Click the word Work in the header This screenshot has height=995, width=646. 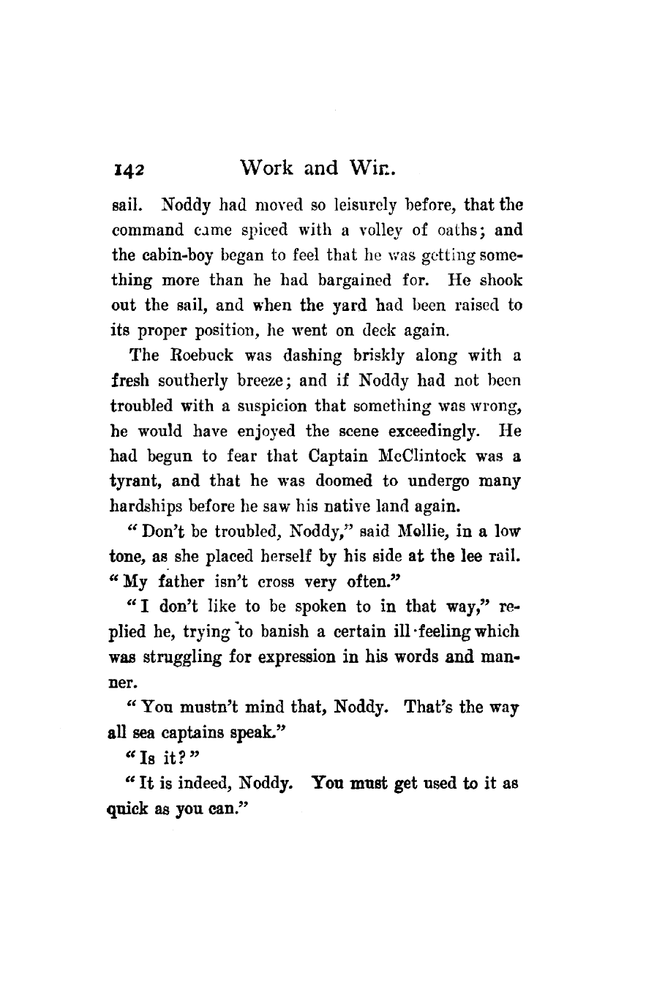tap(269, 169)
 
